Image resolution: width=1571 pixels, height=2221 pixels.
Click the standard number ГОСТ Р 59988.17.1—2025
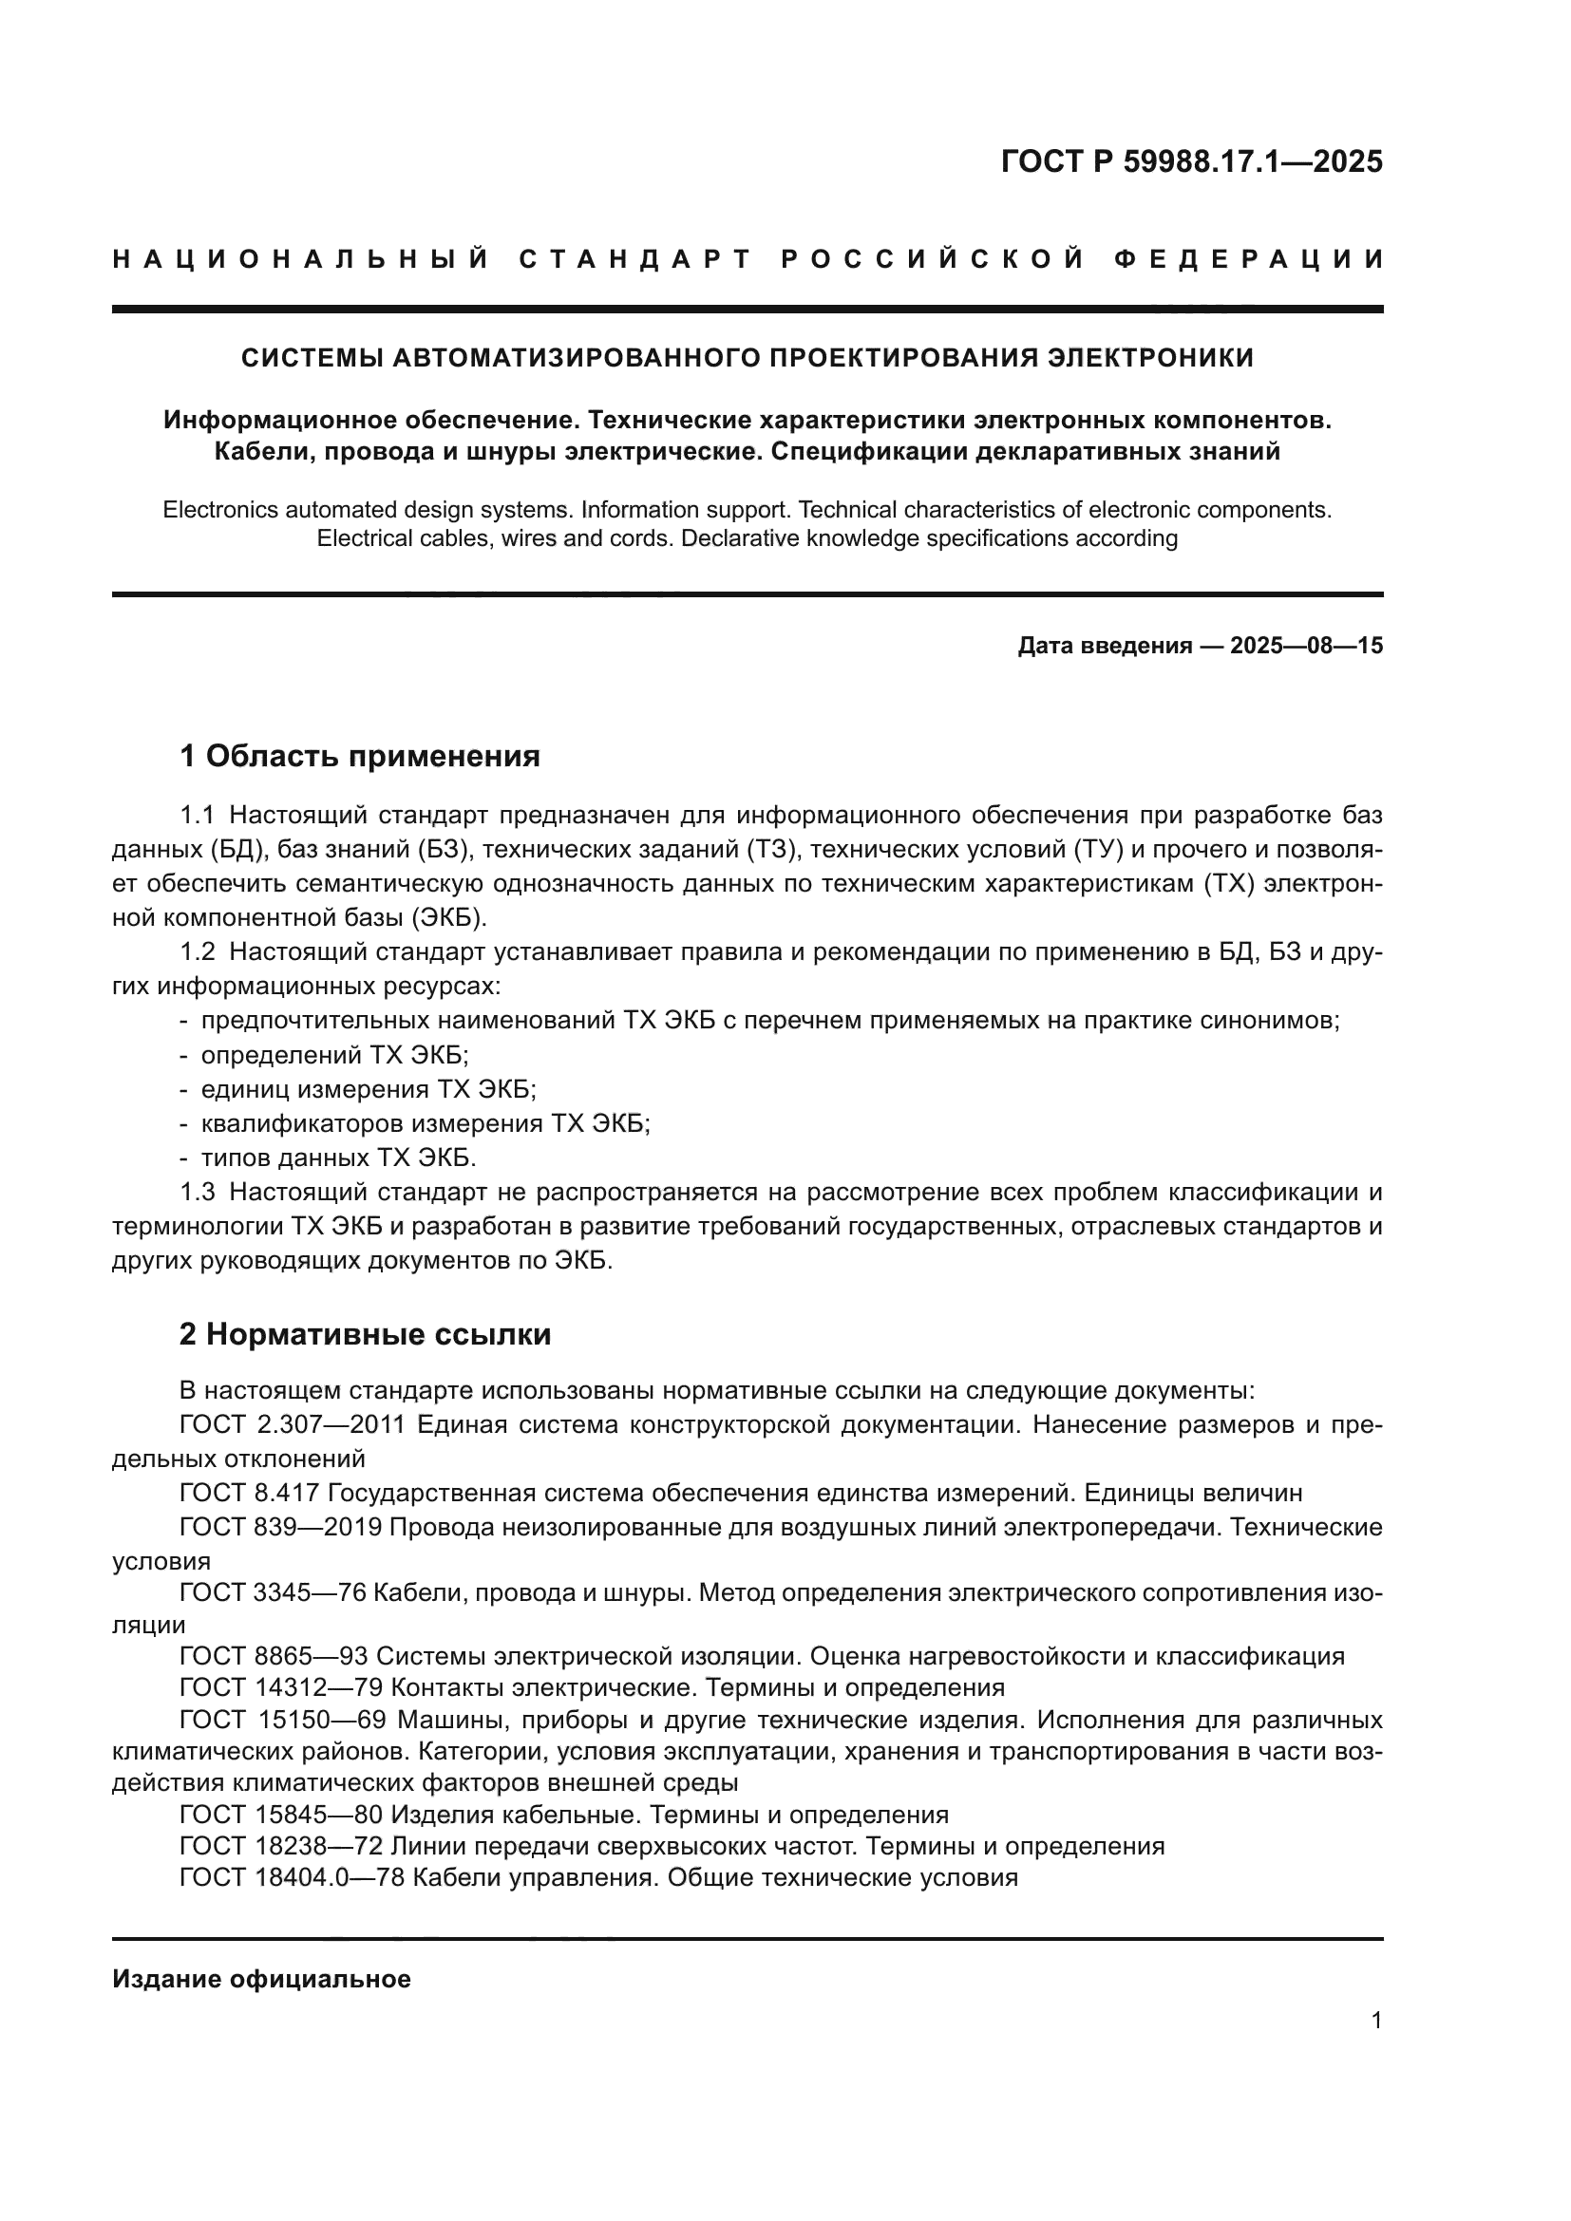tap(1191, 161)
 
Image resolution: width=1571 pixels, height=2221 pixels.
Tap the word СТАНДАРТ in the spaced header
tap(635, 259)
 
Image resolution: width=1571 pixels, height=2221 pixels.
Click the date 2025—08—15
tap(1306, 647)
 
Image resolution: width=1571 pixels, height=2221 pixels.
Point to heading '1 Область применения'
tap(360, 756)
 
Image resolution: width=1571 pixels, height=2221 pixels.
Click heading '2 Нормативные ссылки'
tap(365, 1334)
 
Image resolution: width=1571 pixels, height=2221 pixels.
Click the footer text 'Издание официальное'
tap(261, 1979)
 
